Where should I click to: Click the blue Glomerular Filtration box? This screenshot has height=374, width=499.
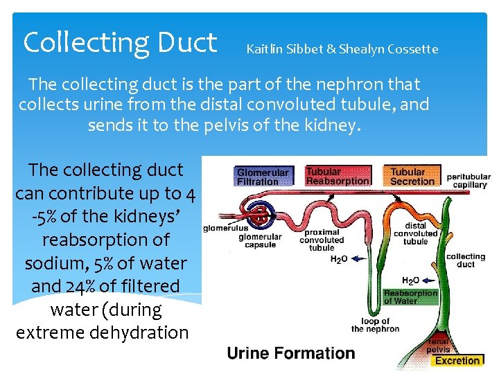[x=263, y=177]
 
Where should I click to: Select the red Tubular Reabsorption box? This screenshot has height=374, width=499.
[x=338, y=176]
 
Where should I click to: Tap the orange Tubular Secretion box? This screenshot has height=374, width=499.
[x=413, y=177]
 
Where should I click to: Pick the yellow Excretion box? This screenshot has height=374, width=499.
[x=457, y=360]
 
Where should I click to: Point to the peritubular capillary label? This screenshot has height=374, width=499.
[x=469, y=181]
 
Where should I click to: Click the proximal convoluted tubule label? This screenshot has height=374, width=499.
[x=322, y=240]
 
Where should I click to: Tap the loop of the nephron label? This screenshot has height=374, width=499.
[x=375, y=325]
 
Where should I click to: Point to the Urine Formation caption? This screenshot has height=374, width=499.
[x=291, y=353]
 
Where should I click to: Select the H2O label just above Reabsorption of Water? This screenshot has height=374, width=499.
[x=411, y=281]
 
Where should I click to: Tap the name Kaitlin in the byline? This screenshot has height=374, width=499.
[x=266, y=49]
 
